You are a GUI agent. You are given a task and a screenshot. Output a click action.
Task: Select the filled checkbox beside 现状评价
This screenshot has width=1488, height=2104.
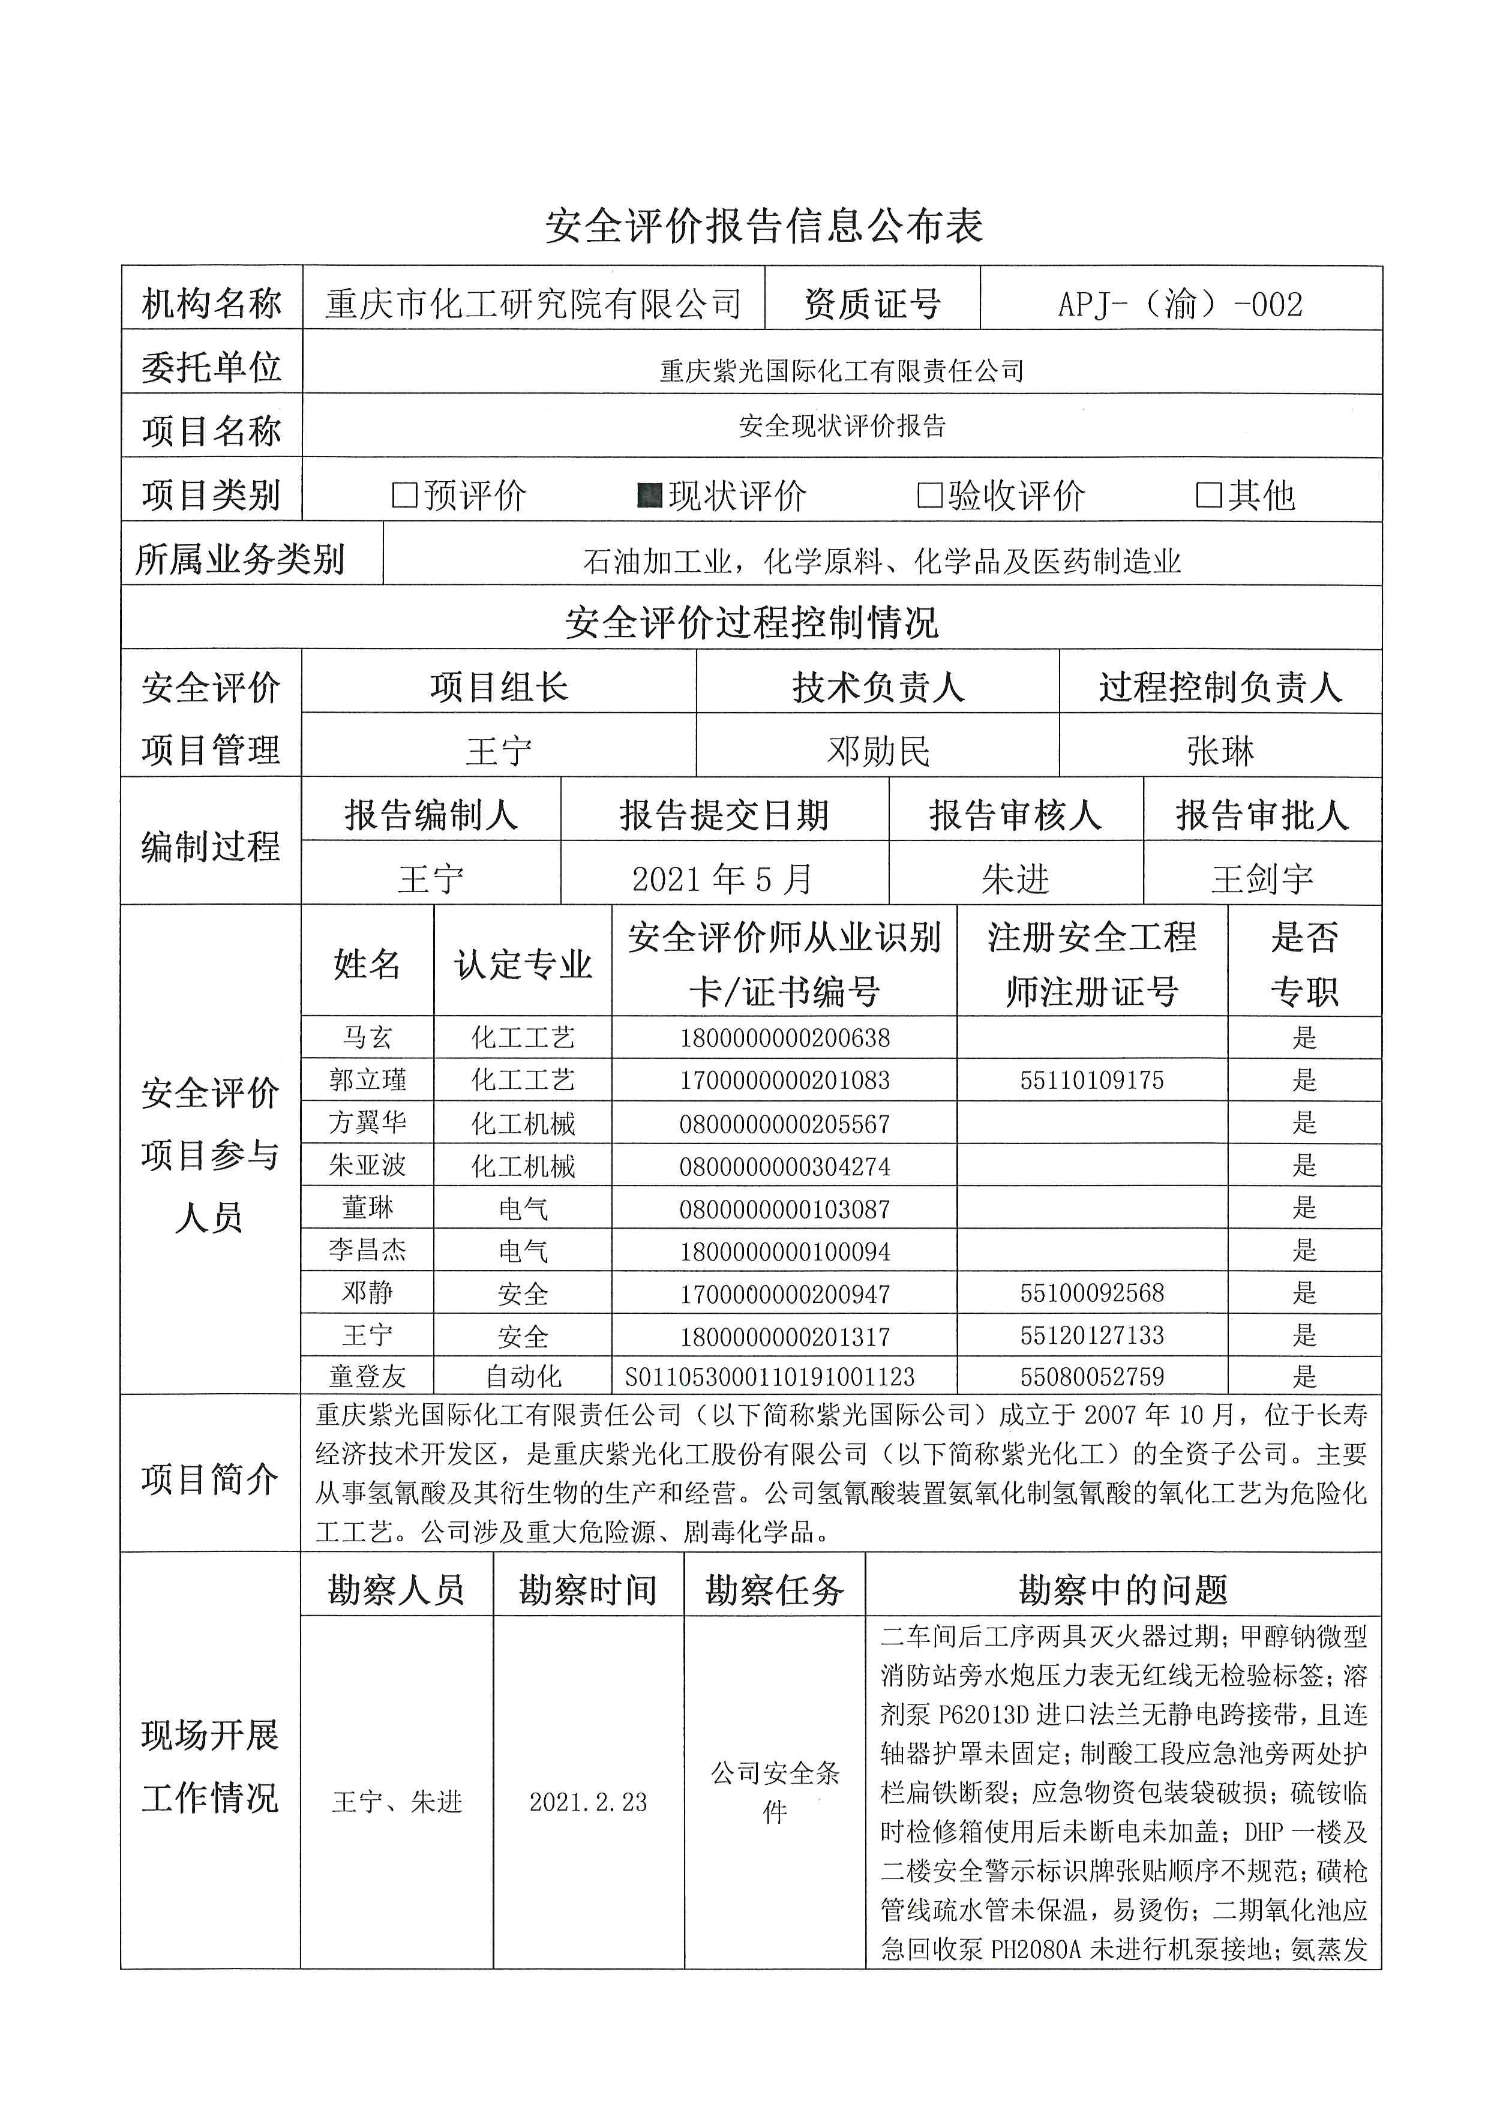[650, 496]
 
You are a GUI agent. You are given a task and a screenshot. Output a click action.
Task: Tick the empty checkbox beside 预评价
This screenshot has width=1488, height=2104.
[404, 496]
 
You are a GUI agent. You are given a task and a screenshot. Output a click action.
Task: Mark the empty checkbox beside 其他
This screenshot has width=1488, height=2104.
[1208, 496]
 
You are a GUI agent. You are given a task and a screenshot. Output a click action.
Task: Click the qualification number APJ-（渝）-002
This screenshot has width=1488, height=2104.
[1180, 304]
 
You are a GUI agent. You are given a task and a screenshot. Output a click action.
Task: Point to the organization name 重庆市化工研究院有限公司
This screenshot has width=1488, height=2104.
[533, 304]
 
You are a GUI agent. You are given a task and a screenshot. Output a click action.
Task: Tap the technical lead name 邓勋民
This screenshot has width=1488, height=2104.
[878, 751]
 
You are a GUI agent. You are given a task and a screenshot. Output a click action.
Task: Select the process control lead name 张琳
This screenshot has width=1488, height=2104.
[1220, 751]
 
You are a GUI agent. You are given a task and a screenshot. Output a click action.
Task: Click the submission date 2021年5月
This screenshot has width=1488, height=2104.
[723, 879]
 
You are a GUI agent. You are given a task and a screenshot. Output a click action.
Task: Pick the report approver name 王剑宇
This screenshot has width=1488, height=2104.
[1262, 879]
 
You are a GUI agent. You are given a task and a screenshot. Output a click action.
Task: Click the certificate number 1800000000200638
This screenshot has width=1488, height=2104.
[784, 1039]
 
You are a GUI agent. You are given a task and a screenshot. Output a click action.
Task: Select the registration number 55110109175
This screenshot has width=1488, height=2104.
[1091, 1080]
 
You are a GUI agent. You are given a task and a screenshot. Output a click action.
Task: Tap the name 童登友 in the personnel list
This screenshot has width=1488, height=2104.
[367, 1376]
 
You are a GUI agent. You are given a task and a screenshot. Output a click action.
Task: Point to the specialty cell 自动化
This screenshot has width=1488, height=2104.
[523, 1376]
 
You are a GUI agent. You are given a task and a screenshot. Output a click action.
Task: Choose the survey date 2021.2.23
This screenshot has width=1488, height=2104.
[588, 1802]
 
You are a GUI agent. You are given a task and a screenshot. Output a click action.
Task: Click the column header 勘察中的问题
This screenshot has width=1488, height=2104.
[1123, 1590]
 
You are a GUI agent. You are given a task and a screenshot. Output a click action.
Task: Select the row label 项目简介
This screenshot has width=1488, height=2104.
[210, 1479]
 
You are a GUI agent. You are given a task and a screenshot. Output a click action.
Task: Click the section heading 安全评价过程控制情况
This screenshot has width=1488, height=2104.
[751, 622]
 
